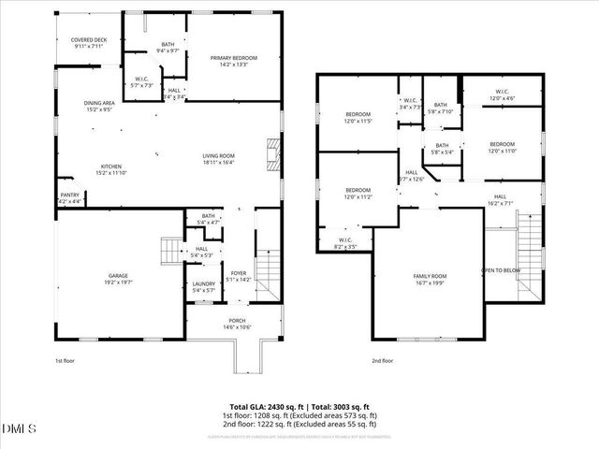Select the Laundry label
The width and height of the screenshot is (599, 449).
[204, 287]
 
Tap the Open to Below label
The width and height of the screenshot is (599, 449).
[501, 270]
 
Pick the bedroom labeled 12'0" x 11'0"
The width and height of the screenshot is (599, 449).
[502, 146]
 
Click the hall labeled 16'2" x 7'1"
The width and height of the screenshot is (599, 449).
[501, 199]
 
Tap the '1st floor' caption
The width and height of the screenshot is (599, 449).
[65, 360]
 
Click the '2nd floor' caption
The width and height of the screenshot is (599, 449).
[383, 360]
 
